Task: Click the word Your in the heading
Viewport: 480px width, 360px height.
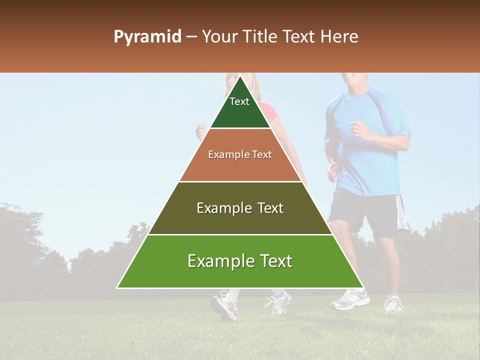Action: coord(219,37)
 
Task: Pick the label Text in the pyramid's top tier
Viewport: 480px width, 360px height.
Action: coord(239,101)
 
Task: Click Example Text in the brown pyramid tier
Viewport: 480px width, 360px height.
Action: coord(240,155)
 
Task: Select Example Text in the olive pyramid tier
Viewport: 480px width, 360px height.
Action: coord(240,208)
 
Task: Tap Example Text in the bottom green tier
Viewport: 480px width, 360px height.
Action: coord(240,261)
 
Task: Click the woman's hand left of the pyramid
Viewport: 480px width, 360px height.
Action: coord(201,131)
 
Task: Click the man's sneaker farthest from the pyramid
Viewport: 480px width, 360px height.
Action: coord(393,303)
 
